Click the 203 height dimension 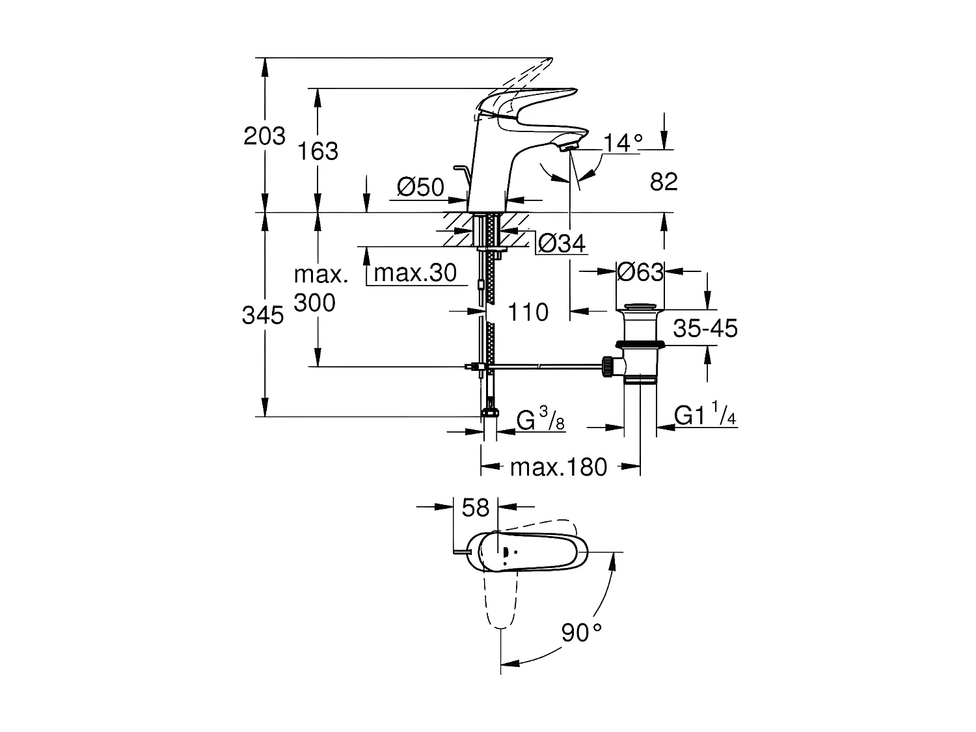pyautogui.click(x=264, y=136)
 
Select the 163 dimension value pyautogui.click(x=318, y=151)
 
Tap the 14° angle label pyautogui.click(x=623, y=142)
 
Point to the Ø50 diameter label pyautogui.click(x=420, y=187)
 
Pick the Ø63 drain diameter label pyautogui.click(x=640, y=271)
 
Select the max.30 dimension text pyautogui.click(x=415, y=273)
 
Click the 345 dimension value pyautogui.click(x=263, y=316)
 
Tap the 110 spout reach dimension pyautogui.click(x=528, y=312)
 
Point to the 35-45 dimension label pyautogui.click(x=705, y=329)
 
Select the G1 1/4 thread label pyautogui.click(x=705, y=415)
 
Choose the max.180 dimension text pyautogui.click(x=558, y=467)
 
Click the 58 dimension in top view pyautogui.click(x=475, y=508)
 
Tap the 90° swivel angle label pyautogui.click(x=581, y=632)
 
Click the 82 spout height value pyautogui.click(x=664, y=182)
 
